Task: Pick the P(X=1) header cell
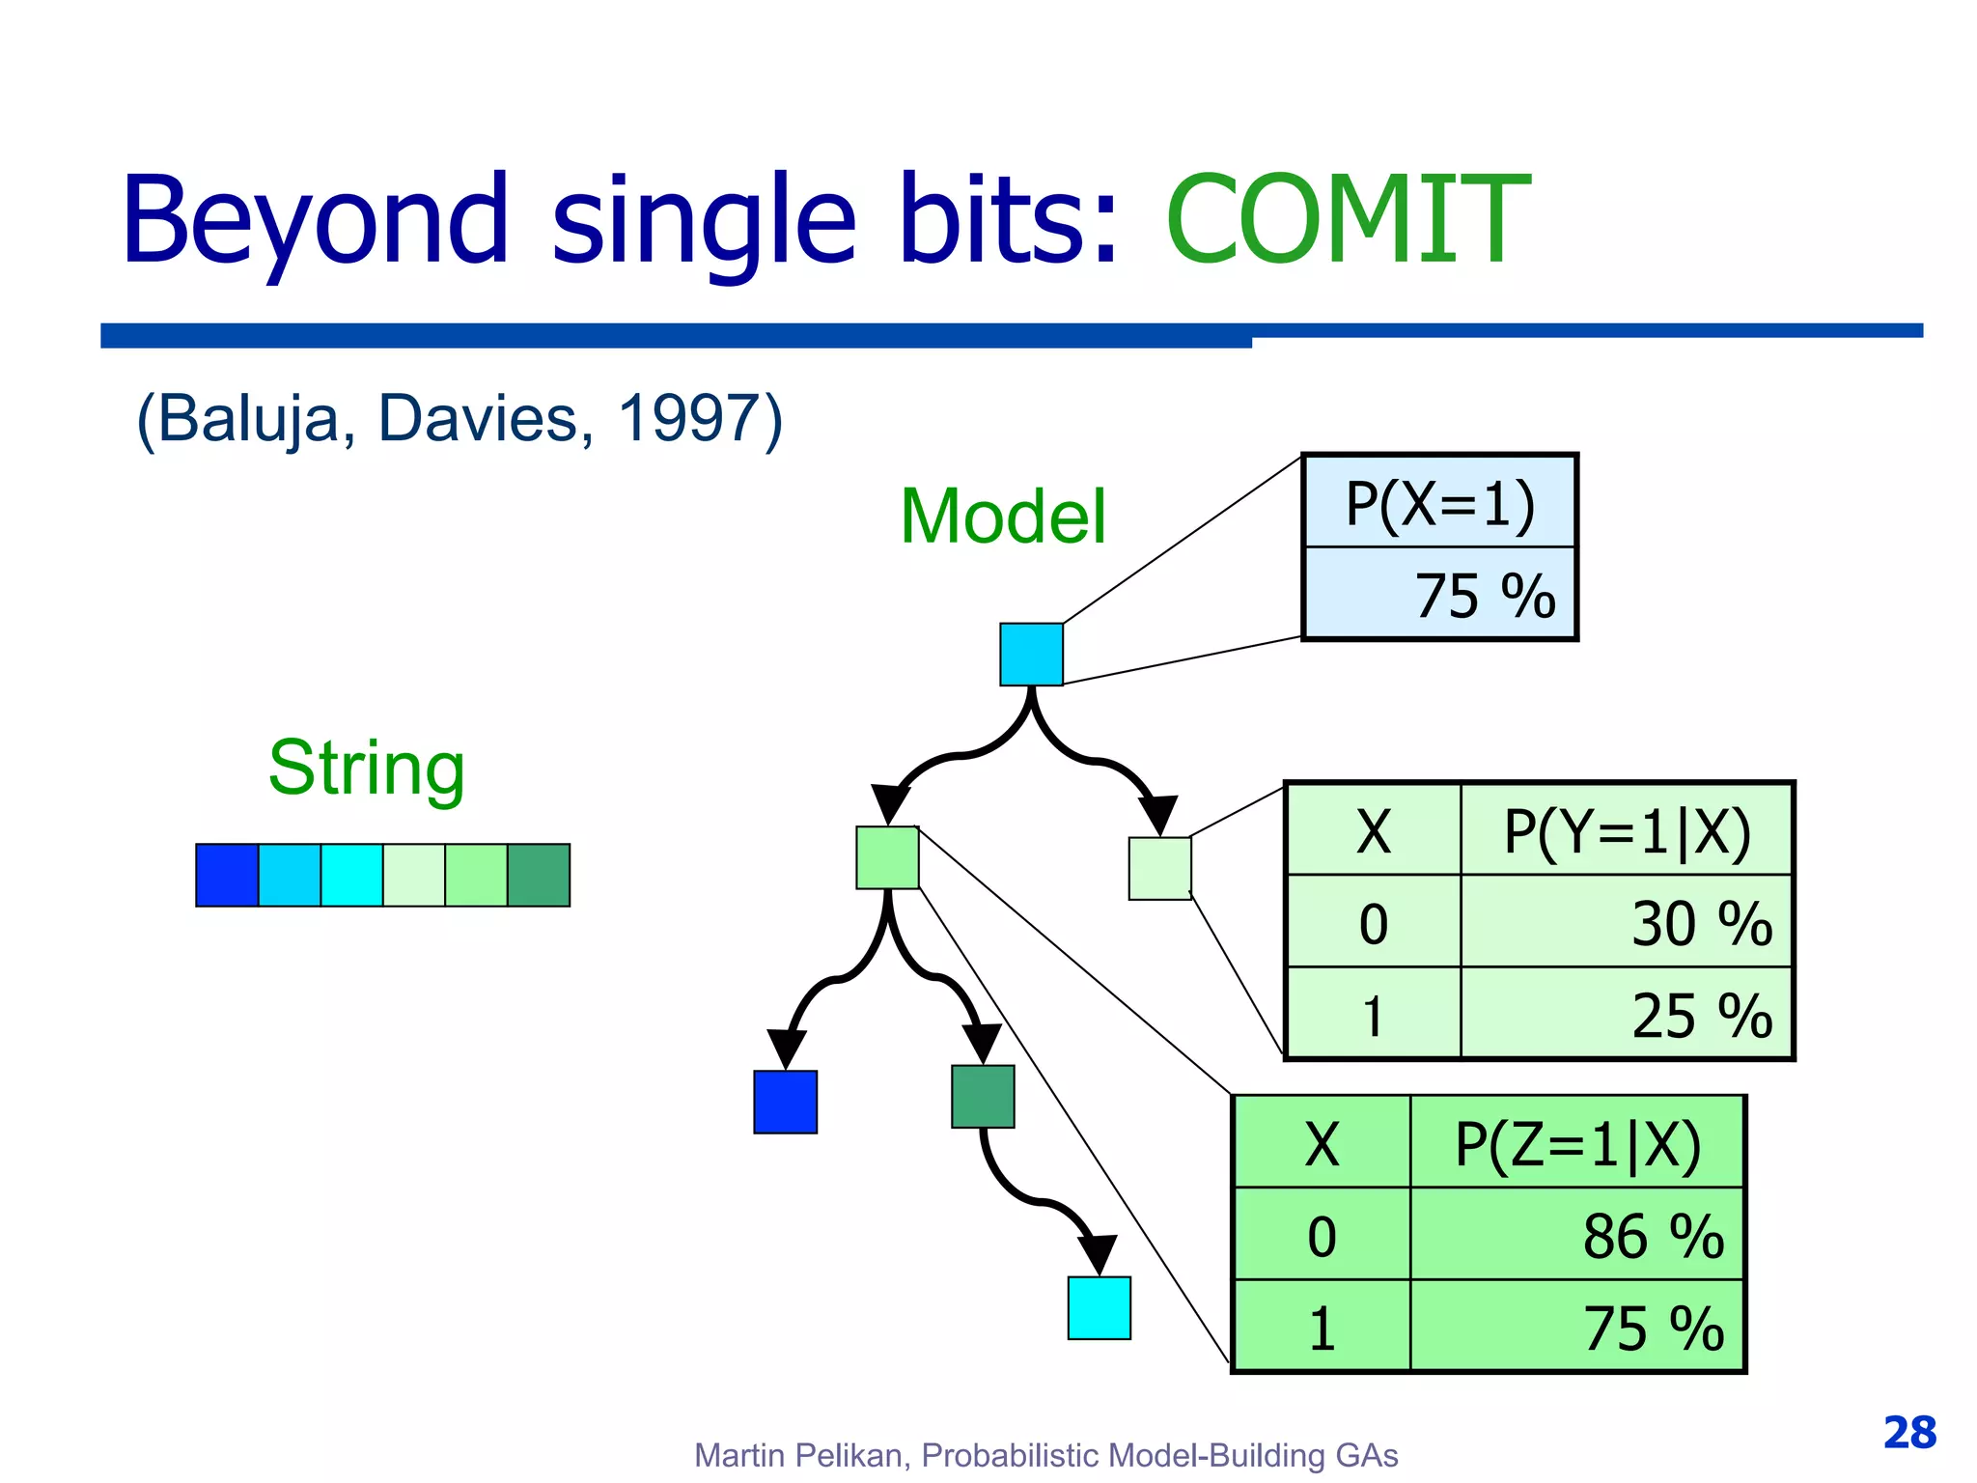(x=1439, y=502)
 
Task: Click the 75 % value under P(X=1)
(x=1485, y=595)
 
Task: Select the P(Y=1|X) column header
(x=1627, y=830)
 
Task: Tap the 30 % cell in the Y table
(x=1701, y=923)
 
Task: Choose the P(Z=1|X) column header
(x=1577, y=1144)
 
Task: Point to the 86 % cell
(x=1653, y=1236)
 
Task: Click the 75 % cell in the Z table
(x=1653, y=1328)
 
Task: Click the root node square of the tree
(x=1031, y=655)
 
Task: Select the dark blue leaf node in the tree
(x=785, y=1102)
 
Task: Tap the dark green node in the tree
(x=983, y=1097)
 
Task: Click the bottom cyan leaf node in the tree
(x=1099, y=1308)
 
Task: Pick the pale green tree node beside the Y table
(x=1159, y=869)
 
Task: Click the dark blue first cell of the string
(x=227, y=875)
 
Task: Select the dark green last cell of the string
(x=539, y=875)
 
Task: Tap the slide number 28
(x=1909, y=1433)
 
